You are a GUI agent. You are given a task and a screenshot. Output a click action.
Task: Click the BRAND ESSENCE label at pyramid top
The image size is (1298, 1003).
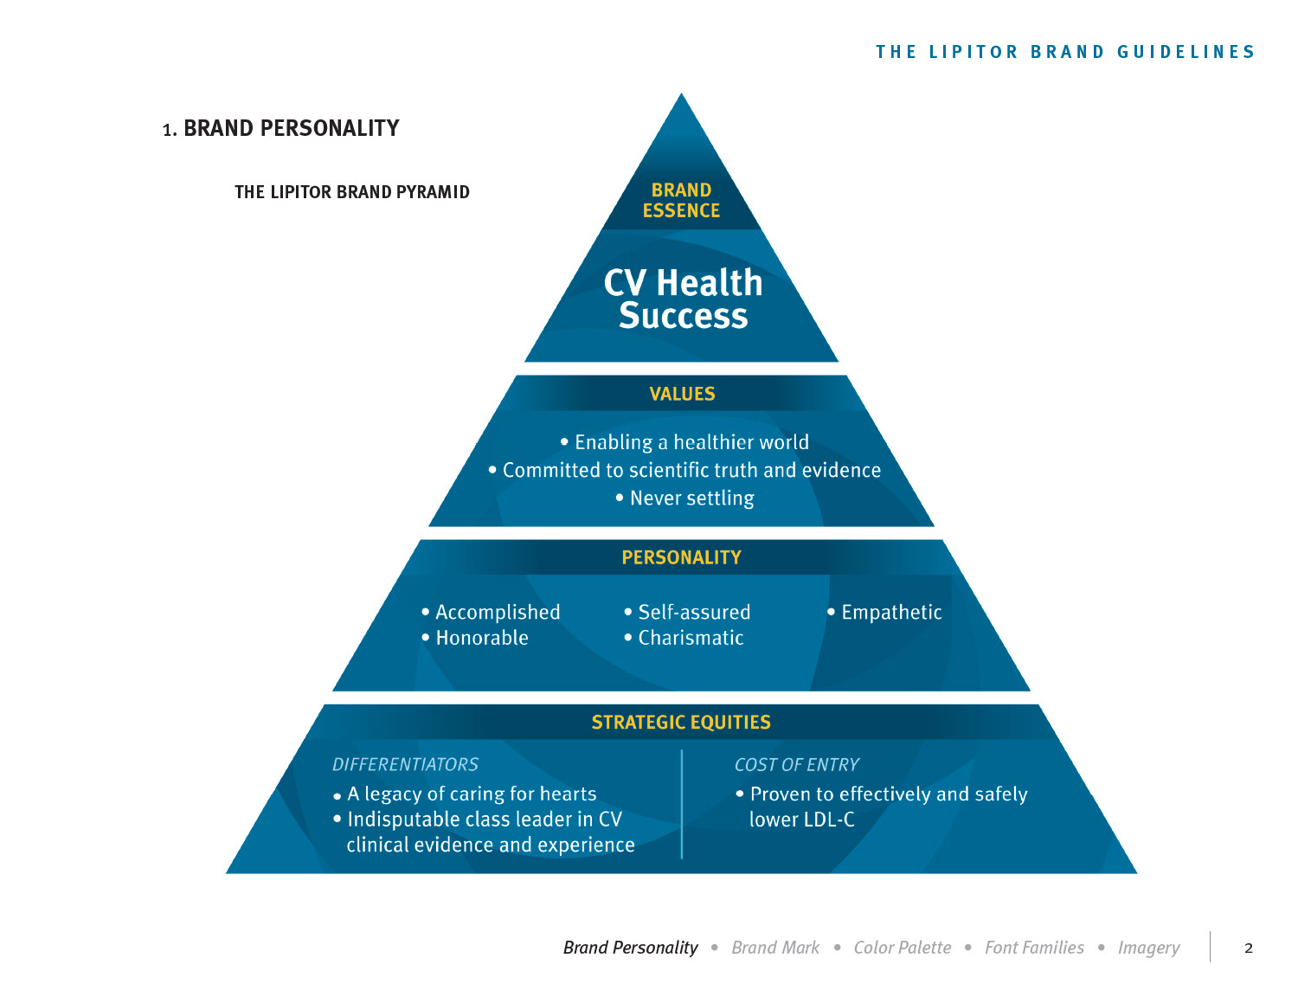coord(681,201)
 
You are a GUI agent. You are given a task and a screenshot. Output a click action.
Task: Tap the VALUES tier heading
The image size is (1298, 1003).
coord(682,394)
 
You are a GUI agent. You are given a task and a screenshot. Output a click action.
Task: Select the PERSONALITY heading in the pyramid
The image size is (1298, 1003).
coord(681,557)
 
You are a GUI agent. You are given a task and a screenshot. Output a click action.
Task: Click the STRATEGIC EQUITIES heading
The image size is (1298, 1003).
coord(681,723)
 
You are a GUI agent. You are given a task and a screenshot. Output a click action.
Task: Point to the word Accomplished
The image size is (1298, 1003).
coord(498,613)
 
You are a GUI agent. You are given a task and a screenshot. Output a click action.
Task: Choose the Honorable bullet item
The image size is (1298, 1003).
coord(481,638)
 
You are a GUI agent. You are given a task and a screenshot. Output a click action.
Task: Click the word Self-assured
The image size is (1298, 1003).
coord(694,613)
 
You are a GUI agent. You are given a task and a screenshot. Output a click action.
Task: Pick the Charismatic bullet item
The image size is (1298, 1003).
coord(691,638)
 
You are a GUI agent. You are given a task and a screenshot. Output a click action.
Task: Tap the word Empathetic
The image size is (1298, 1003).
coord(891,613)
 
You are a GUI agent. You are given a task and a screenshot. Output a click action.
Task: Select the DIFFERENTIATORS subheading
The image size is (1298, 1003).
coord(405,765)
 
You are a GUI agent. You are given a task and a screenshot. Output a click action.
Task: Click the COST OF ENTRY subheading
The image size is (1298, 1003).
coord(796,765)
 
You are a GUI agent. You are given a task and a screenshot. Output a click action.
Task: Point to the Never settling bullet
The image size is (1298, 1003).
coord(691,498)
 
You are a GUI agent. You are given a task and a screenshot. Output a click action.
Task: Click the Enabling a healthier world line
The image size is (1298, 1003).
coord(691,442)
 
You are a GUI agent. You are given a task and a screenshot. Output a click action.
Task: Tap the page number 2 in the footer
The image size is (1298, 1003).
coord(1248,948)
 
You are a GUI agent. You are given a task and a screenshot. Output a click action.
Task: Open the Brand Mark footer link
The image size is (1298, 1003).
coord(775,948)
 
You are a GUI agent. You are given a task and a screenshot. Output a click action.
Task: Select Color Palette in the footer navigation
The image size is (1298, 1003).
coord(902,948)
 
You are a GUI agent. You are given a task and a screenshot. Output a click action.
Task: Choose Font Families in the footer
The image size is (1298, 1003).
coord(1034,948)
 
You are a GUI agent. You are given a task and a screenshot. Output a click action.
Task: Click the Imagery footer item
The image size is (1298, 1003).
coord(1148,948)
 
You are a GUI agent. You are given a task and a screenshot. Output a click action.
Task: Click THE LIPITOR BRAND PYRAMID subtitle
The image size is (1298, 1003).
coord(352,192)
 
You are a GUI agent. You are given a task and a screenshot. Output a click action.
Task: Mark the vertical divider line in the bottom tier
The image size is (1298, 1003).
coord(682,805)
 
